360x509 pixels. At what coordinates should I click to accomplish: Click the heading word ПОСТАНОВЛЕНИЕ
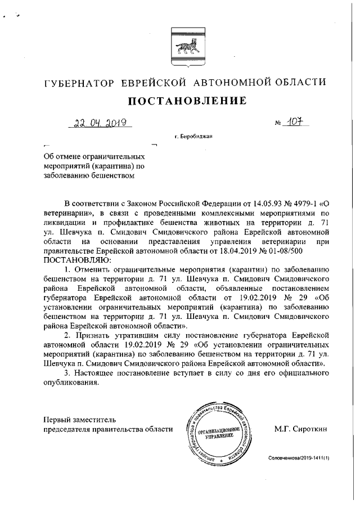(x=188, y=101)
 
